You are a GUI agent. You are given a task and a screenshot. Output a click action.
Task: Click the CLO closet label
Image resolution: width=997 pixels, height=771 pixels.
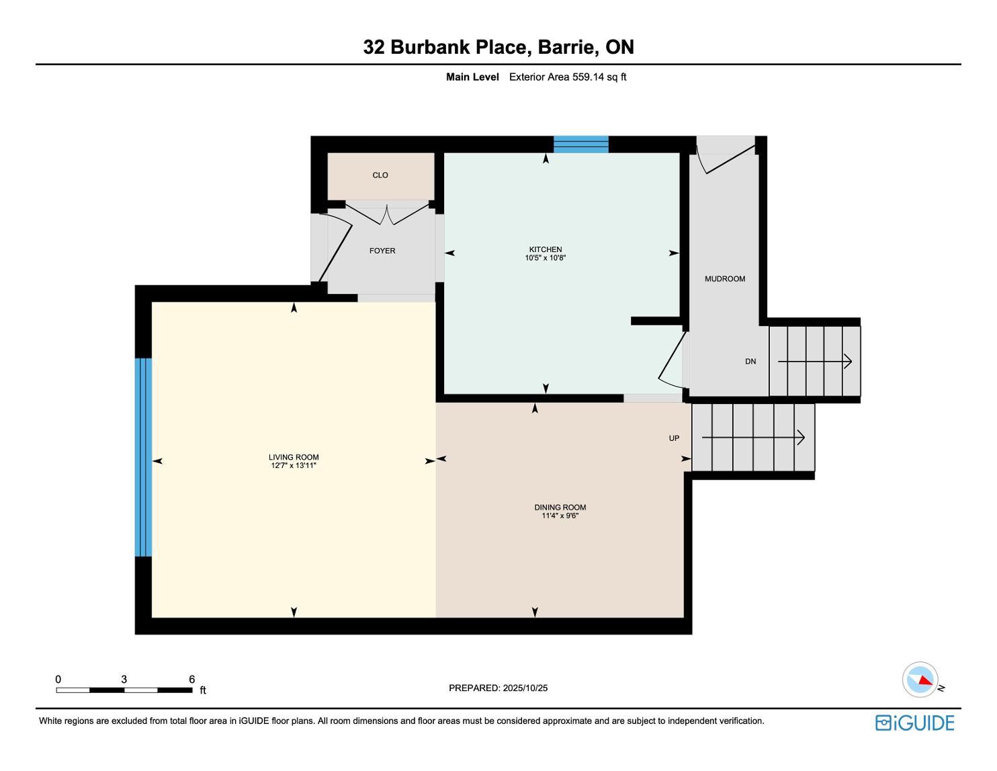[x=380, y=175]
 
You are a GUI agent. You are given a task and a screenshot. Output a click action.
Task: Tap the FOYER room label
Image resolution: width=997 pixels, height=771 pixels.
[x=382, y=251]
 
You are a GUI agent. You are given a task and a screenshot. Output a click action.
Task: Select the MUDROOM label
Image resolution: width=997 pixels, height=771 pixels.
[x=725, y=278]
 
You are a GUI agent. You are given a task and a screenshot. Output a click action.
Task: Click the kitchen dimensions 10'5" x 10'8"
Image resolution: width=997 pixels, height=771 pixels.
[x=545, y=258]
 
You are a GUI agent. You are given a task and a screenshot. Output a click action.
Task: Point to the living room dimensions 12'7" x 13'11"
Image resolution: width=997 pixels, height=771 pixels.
[x=294, y=465]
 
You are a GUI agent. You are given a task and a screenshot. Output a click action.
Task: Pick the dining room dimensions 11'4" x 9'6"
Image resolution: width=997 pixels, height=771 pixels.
[x=560, y=516]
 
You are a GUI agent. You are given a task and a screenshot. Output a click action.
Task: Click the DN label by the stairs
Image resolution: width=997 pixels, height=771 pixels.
[x=750, y=361]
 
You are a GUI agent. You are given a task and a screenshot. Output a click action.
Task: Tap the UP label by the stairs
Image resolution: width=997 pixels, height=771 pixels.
[x=674, y=438]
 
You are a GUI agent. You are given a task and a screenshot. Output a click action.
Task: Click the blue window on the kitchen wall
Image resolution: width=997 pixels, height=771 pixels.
[x=581, y=144]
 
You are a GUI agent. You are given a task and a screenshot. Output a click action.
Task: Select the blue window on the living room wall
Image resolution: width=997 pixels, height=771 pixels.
[x=143, y=457]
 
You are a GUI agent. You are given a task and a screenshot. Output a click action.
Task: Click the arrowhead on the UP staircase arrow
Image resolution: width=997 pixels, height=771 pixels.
[x=801, y=438]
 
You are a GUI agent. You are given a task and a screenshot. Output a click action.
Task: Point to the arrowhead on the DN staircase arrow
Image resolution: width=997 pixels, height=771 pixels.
[x=849, y=361]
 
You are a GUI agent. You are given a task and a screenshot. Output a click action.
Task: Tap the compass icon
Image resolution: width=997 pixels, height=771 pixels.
[x=920, y=680]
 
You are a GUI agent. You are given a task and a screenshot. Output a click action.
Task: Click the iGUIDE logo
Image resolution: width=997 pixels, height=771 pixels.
[x=914, y=723]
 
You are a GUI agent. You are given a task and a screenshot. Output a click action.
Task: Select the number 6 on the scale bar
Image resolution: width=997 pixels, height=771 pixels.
[x=191, y=679]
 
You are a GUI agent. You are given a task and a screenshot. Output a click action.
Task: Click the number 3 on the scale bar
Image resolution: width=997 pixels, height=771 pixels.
[x=124, y=679]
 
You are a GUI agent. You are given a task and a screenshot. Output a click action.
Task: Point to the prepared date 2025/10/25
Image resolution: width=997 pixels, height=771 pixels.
[x=525, y=688]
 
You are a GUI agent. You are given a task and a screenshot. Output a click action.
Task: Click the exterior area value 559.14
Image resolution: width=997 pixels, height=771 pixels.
[x=589, y=77]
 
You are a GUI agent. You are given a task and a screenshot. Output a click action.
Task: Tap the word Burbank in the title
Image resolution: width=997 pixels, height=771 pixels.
[x=430, y=47]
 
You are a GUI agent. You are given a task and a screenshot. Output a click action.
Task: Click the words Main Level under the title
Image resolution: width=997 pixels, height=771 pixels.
[x=472, y=77]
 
